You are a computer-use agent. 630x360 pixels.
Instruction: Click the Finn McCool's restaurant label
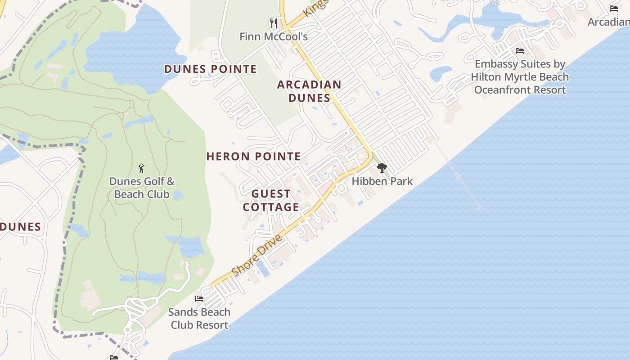coord(274,36)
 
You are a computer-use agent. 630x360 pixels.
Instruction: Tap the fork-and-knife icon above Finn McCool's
coord(274,23)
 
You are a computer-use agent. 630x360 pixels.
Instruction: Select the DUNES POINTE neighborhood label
coord(210,69)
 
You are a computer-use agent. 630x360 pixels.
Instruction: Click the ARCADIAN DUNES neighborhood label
coord(309,91)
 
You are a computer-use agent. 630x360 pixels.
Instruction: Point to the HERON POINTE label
coord(253,157)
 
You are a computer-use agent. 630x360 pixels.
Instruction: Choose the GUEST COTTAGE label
coord(271,200)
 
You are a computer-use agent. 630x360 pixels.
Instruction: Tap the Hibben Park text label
coord(382,181)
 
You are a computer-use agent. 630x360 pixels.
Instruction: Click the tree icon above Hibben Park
coord(382,168)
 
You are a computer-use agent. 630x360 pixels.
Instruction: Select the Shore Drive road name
coord(257,256)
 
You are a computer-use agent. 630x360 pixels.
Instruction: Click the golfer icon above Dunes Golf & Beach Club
coord(142,169)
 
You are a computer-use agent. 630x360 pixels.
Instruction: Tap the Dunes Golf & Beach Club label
coord(142,188)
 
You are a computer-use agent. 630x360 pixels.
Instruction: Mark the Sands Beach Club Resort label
coord(199,318)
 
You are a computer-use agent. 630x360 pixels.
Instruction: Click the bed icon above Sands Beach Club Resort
coord(199,299)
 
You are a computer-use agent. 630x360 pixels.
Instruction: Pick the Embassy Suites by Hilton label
coord(520,77)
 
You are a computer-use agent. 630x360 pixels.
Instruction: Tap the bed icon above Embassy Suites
coord(520,51)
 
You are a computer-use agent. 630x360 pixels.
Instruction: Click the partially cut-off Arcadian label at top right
coord(608,22)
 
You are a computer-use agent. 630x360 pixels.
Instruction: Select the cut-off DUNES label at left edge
coord(20,227)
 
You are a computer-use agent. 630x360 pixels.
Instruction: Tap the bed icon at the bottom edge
coord(114,357)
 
